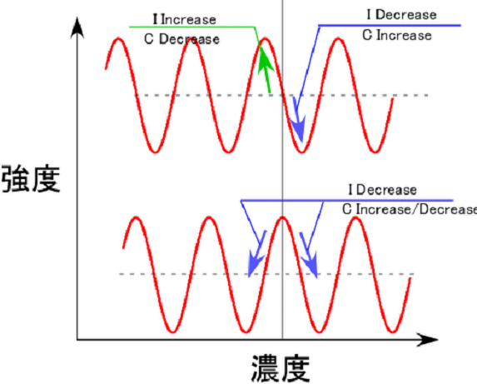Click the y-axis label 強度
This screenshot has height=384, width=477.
click(31, 178)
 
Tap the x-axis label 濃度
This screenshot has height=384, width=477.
click(281, 368)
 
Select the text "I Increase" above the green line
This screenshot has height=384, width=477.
click(185, 19)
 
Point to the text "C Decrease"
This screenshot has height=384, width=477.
click(181, 39)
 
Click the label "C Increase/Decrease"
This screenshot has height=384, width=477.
click(410, 209)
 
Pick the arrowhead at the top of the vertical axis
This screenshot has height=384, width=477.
click(77, 27)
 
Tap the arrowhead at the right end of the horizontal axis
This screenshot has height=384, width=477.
click(427, 339)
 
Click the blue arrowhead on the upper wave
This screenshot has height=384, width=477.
click(297, 127)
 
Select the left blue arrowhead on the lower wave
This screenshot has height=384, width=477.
click(255, 263)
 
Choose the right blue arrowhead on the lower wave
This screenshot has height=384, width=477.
click(311, 264)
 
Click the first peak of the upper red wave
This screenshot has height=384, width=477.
click(118, 39)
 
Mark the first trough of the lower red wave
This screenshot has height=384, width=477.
click(173, 331)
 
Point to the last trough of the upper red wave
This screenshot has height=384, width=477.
click(375, 152)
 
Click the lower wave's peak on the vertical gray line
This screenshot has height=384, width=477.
click(282, 218)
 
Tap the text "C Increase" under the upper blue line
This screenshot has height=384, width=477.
click(397, 35)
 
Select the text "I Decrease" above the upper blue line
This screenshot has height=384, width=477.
click(401, 15)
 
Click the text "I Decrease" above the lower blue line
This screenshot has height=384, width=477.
click(383, 190)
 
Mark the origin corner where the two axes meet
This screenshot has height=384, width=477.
click(77, 339)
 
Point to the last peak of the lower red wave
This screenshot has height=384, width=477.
click(355, 218)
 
